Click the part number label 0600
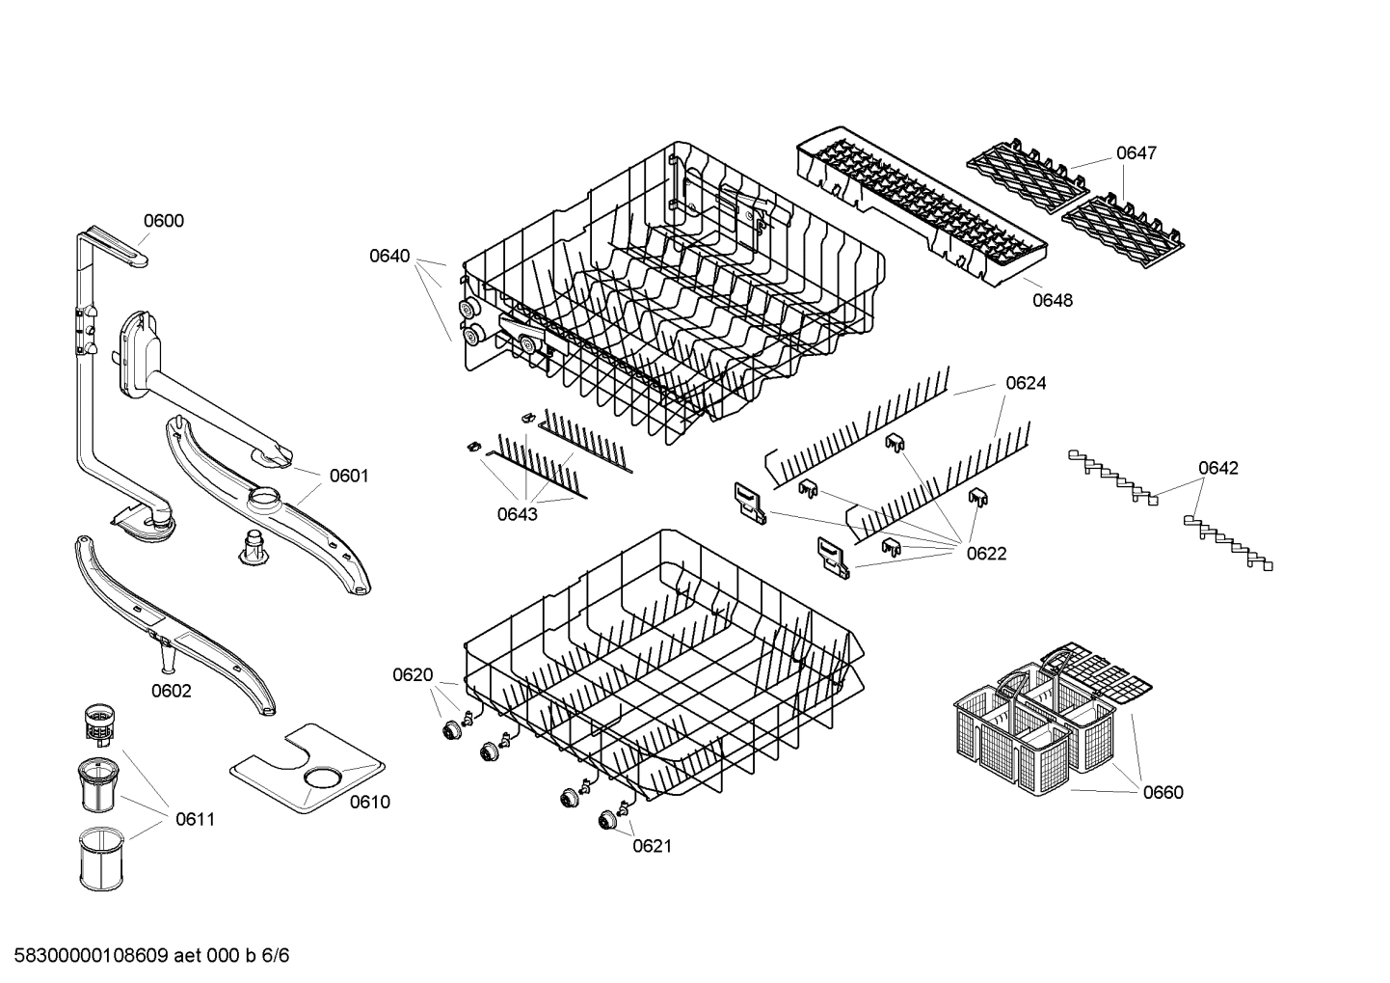point(163,221)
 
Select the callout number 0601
point(349,476)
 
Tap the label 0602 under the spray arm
point(171,691)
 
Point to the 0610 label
point(369,802)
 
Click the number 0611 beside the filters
point(195,820)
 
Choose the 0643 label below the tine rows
point(517,514)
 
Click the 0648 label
point(1053,300)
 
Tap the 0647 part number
point(1136,153)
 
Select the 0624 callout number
point(1026,383)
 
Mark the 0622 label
point(986,554)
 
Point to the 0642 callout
point(1218,468)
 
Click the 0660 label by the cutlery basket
point(1163,792)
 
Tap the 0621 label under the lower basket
point(652,846)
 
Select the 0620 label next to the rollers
point(413,675)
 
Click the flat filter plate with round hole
point(307,765)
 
